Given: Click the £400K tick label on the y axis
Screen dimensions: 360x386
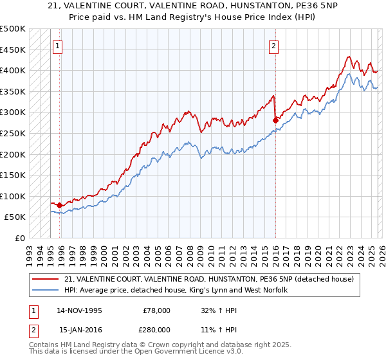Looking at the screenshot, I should click(13, 70).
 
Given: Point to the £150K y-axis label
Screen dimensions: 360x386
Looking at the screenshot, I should click(13, 175).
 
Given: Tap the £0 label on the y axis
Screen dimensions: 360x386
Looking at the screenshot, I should click(18, 238).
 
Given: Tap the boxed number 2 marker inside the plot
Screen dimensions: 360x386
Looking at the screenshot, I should click(274, 46).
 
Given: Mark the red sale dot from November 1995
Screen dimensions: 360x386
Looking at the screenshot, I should click(60, 205).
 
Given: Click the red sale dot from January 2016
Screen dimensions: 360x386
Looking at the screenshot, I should click(275, 120).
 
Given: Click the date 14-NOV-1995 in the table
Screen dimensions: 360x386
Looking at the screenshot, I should click(80, 310).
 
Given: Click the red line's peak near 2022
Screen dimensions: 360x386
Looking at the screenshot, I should click(348, 57).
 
